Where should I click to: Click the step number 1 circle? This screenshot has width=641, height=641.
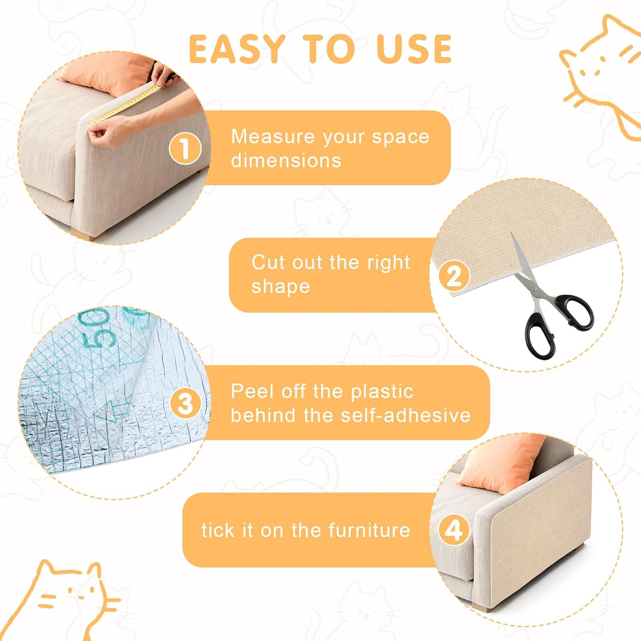click(x=185, y=148)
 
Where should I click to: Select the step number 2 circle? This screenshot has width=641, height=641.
click(x=454, y=276)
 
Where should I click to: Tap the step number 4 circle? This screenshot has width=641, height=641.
click(x=454, y=530)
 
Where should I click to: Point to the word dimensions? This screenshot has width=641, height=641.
click(x=286, y=161)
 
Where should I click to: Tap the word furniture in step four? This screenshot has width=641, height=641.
click(x=369, y=530)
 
